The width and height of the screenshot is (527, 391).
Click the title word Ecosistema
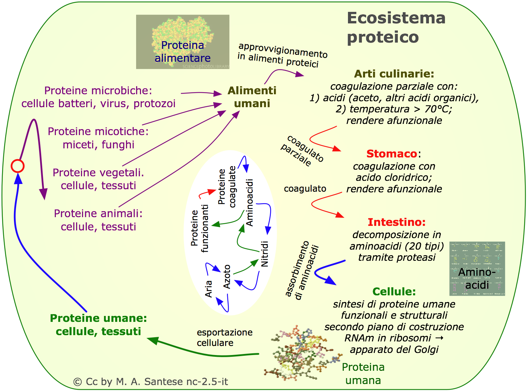click(x=396, y=18)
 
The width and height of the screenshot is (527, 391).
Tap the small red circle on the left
click(x=17, y=166)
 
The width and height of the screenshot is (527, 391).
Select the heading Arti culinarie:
click(x=394, y=74)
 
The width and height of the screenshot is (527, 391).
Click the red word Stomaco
click(x=392, y=154)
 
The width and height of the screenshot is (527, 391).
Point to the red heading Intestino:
click(x=396, y=222)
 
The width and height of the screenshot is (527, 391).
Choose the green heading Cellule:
click(x=394, y=292)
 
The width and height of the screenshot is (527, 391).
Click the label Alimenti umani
click(x=252, y=97)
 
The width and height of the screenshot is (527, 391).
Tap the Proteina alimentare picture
click(x=183, y=42)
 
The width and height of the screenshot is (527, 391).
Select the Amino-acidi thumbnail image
click(x=477, y=268)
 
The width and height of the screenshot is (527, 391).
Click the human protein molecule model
click(x=300, y=353)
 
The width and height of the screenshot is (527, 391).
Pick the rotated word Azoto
click(x=227, y=276)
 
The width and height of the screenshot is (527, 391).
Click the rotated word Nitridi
click(x=265, y=254)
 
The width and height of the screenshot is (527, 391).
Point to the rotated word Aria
click(x=209, y=289)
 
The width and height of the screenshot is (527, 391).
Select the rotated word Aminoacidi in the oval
click(x=250, y=202)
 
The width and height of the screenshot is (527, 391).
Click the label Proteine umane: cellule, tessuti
click(x=98, y=325)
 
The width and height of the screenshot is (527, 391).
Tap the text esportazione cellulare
click(x=224, y=338)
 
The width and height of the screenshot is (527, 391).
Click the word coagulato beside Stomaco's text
click(x=305, y=189)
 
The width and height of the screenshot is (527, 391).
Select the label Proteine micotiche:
click(x=98, y=132)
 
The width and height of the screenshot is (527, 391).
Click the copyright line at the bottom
click(x=150, y=382)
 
